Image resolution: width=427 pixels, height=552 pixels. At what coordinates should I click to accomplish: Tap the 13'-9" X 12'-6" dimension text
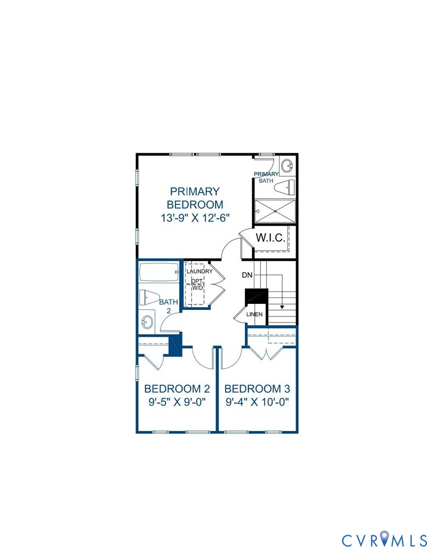(195, 217)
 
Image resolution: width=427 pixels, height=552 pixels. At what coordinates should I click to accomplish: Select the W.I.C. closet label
(270, 239)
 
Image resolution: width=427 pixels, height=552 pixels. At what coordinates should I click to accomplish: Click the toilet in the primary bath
(284, 187)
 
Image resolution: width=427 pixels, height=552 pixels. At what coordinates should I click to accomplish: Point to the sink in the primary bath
(288, 165)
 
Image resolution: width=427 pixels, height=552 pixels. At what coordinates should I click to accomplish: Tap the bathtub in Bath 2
(158, 272)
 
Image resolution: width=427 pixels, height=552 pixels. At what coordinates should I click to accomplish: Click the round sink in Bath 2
(147, 321)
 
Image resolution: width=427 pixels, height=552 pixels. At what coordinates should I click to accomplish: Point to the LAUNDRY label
(199, 271)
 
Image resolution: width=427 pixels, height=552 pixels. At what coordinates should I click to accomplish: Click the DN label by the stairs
(247, 275)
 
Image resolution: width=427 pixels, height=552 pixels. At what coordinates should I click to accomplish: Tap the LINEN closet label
(254, 314)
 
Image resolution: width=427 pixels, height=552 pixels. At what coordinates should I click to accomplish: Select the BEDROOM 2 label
(177, 389)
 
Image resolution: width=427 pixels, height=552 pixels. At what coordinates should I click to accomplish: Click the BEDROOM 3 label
(257, 389)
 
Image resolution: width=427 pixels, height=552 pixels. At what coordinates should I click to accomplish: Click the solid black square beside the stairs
(255, 296)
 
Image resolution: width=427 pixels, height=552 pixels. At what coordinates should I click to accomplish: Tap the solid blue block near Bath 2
(175, 345)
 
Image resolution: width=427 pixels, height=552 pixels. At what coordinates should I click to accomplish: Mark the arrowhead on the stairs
(282, 308)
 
